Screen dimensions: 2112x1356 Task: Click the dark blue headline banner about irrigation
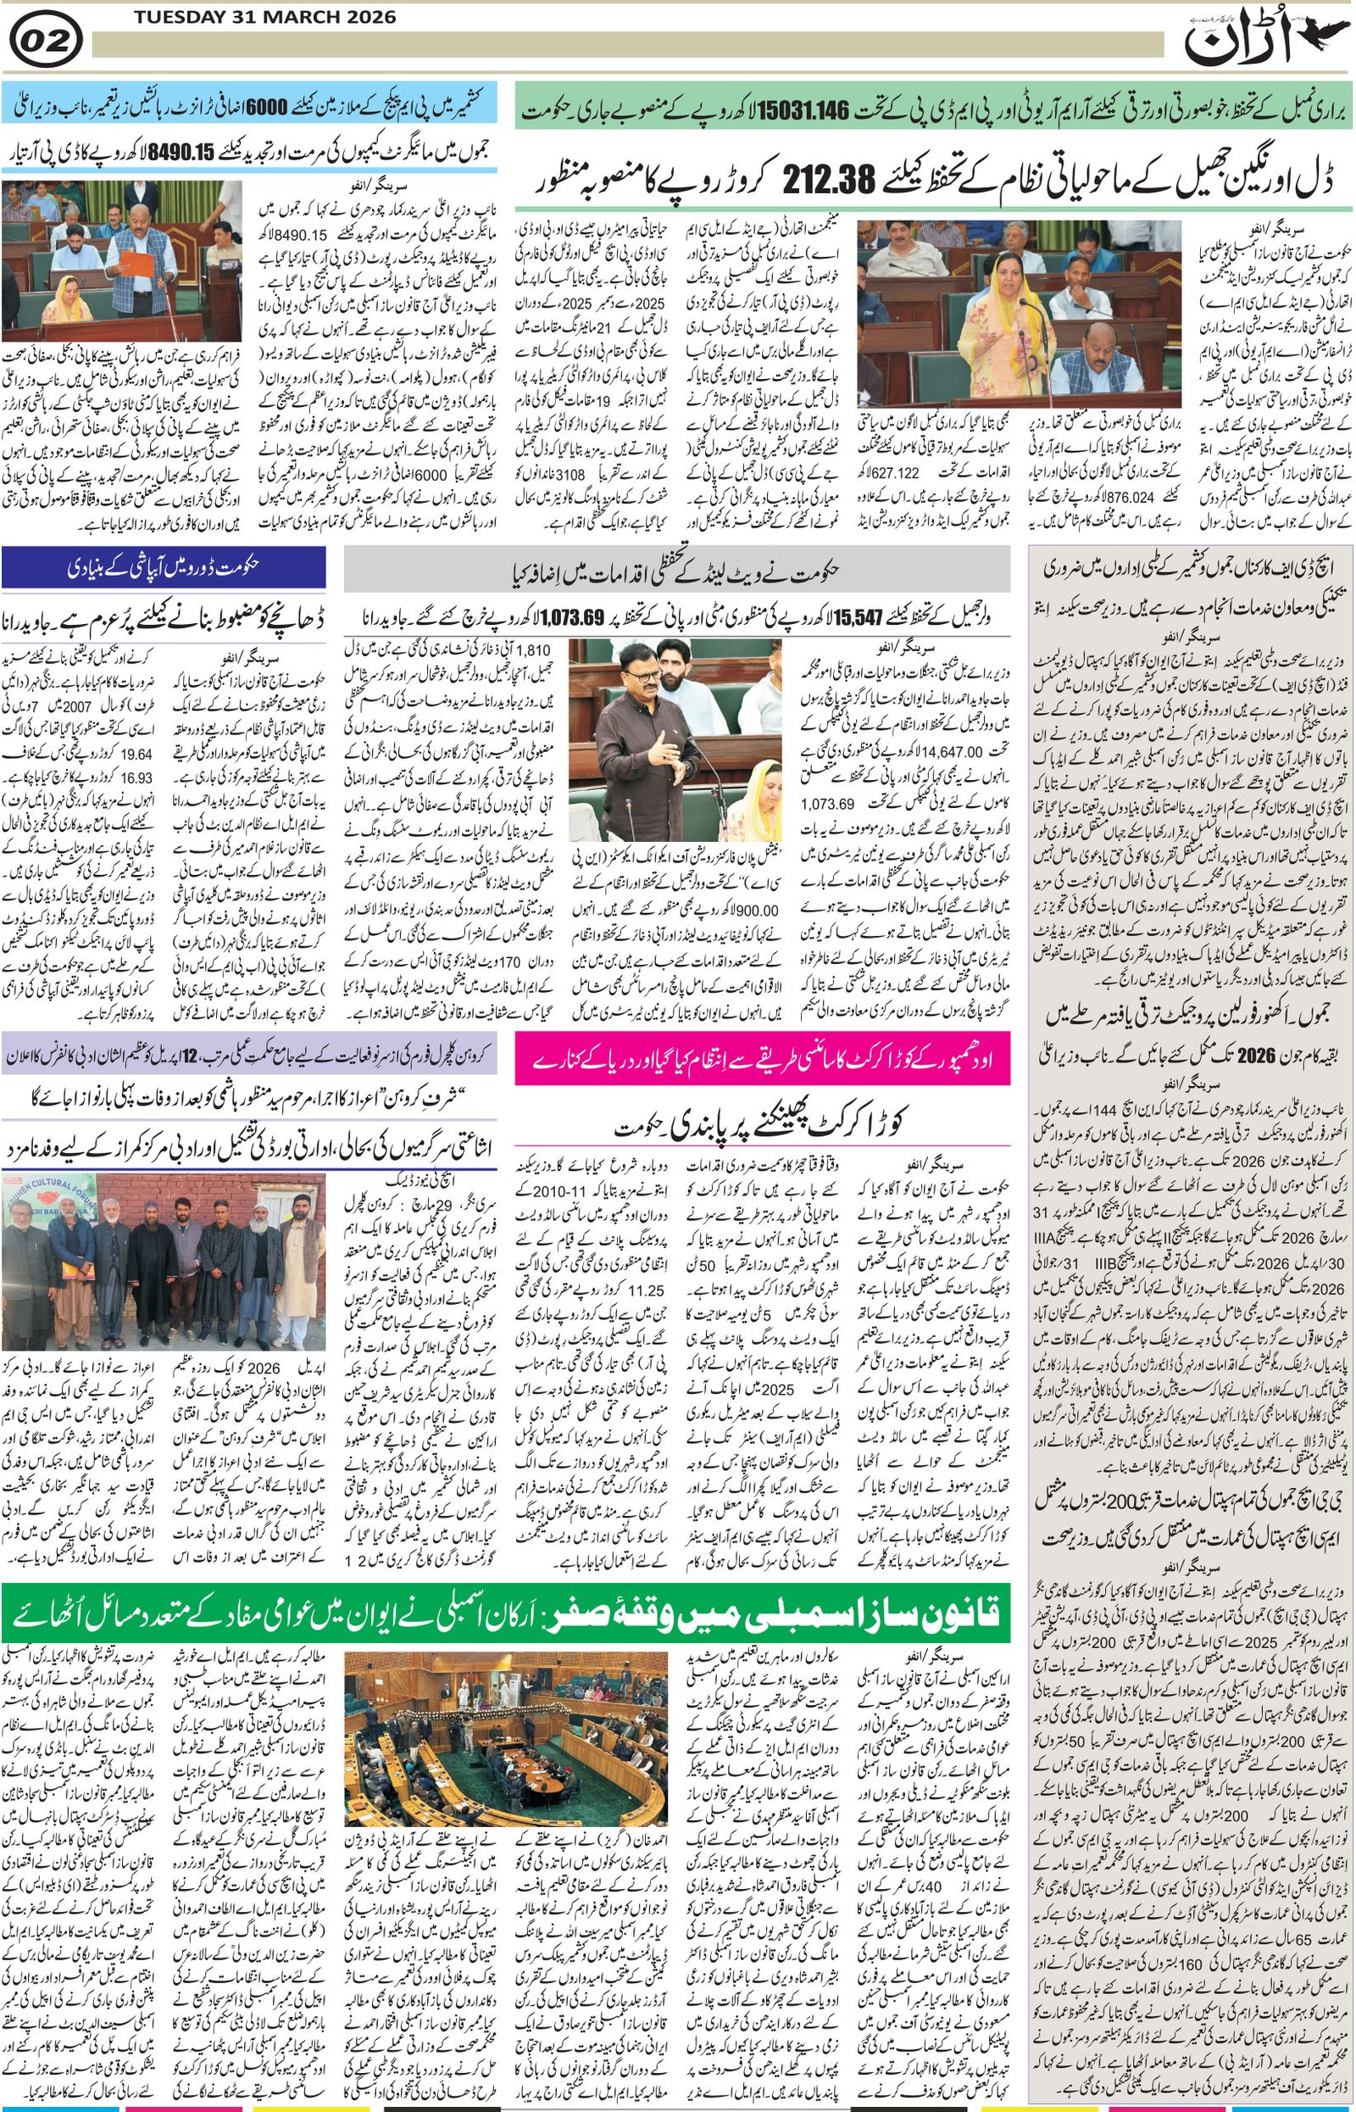click(x=164, y=567)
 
